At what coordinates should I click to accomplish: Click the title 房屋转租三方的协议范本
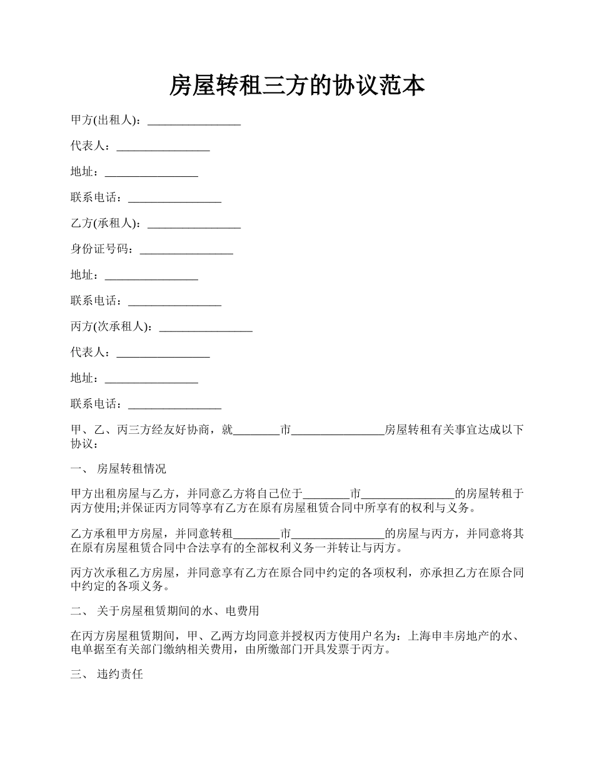(x=297, y=86)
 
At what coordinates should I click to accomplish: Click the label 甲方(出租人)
(x=106, y=121)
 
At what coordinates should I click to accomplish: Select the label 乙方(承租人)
(x=106, y=224)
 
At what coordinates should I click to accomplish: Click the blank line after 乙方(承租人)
(x=194, y=224)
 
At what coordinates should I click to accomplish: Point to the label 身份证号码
(x=102, y=249)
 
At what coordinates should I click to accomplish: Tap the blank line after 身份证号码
(x=186, y=250)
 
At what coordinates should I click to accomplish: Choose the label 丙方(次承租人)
(x=111, y=327)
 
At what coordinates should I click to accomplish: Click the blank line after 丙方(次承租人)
(x=206, y=328)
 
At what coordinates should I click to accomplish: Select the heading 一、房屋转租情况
(x=118, y=469)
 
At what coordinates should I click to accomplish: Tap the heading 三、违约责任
(x=107, y=675)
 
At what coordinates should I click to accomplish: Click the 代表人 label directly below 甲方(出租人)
(x=90, y=146)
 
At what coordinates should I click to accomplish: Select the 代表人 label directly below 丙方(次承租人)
(x=90, y=353)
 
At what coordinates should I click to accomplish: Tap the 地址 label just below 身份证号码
(x=84, y=275)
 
